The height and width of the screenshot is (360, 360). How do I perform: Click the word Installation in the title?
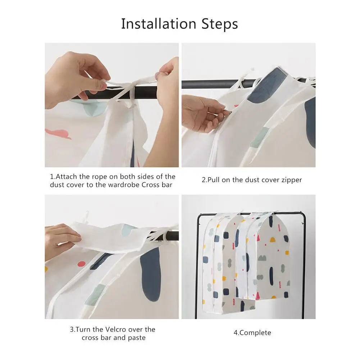159,24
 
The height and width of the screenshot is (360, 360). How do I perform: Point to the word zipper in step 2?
291,180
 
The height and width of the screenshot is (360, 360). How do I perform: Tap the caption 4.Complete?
252,333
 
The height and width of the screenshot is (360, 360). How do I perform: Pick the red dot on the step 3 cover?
81,264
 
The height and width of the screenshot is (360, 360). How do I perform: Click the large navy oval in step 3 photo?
150,275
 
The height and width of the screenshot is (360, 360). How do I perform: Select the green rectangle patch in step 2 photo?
260,137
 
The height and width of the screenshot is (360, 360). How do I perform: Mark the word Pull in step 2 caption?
213,180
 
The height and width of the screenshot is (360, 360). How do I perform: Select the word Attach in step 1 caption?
66,177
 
